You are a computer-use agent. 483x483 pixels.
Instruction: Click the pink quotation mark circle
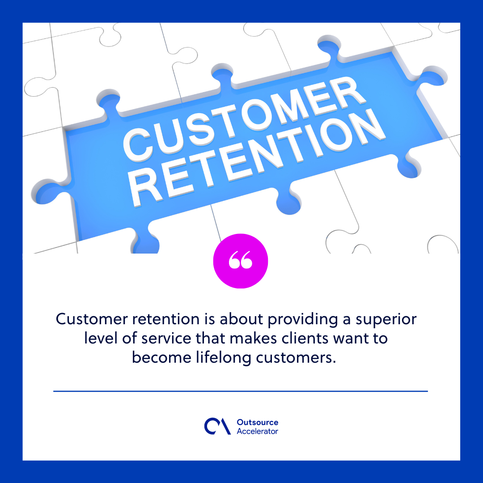coord(241,261)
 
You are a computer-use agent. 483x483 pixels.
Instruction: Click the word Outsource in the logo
coord(257,423)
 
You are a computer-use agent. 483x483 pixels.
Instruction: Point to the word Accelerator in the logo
coord(257,432)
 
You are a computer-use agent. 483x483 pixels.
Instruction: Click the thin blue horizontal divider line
coord(241,391)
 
